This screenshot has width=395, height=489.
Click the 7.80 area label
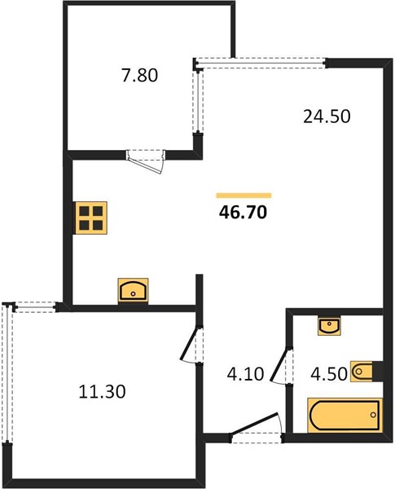[x=139, y=76]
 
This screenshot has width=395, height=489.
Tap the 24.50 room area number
[x=327, y=117]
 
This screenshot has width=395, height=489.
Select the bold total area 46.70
[x=244, y=213]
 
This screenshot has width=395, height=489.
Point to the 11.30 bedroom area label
[x=103, y=391]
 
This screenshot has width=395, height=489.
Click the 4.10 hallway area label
[x=246, y=374]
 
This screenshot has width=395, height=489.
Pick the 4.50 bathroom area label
[x=329, y=374]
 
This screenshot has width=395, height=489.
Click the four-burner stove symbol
[x=90, y=218]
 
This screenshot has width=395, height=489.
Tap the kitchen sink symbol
[x=133, y=291]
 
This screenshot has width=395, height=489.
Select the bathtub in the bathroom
[x=345, y=415]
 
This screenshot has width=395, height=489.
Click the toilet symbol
[x=362, y=371]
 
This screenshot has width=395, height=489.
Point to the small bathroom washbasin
[x=329, y=326]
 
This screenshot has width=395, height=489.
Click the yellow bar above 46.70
[x=244, y=196]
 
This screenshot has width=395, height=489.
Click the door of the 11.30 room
[x=189, y=344]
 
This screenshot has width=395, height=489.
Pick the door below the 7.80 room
[x=146, y=162]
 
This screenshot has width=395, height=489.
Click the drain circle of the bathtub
[x=373, y=415]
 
